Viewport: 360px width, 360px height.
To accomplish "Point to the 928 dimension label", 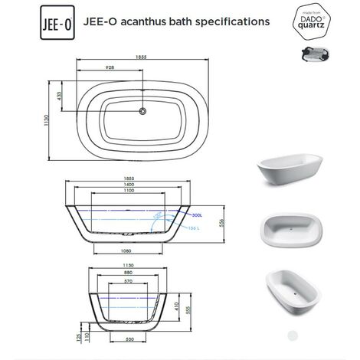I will pyautogui.click(x=112, y=69).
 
